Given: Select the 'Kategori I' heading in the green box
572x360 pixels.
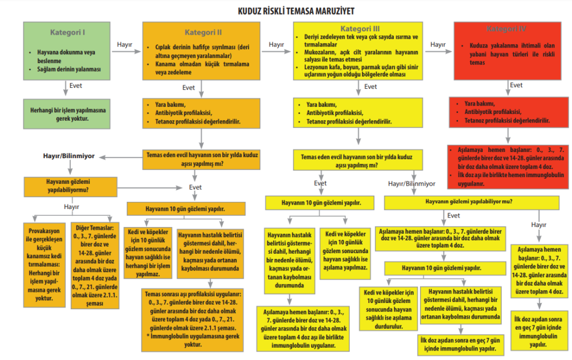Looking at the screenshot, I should [x=67, y=32].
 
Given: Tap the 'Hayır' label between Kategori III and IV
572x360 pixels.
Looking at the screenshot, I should [x=438, y=44].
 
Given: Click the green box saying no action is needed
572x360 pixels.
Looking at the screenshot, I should [x=68, y=115].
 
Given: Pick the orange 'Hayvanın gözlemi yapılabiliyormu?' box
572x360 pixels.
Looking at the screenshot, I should [x=70, y=186].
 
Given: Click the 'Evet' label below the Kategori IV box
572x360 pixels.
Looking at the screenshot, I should [x=516, y=86].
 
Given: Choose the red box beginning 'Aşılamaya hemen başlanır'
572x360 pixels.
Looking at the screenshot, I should [x=508, y=166].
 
